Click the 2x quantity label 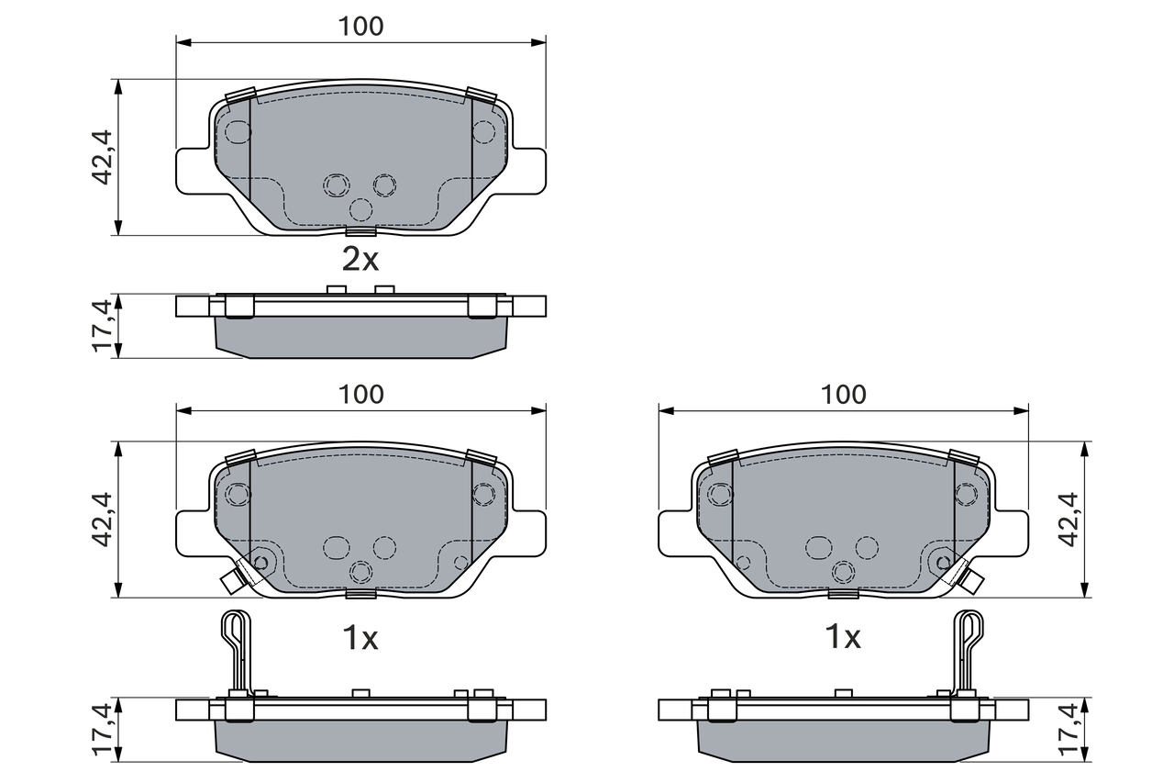pyautogui.click(x=360, y=261)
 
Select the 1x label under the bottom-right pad pyautogui.click(x=843, y=637)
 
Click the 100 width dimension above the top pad pyautogui.click(x=360, y=27)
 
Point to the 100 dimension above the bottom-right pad pyautogui.click(x=843, y=395)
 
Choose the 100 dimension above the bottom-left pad pyautogui.click(x=360, y=395)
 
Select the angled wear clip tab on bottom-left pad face pyautogui.click(x=234, y=577)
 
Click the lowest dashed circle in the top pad pyautogui.click(x=361, y=209)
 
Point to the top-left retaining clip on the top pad pyautogui.click(x=240, y=95)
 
